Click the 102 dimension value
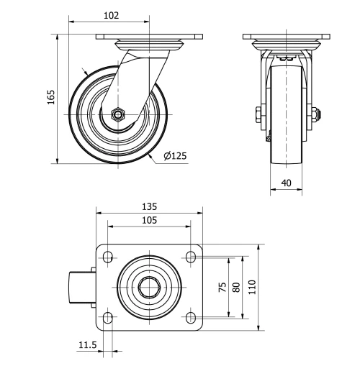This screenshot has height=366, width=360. [x=111, y=14]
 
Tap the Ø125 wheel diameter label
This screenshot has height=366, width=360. [x=176, y=157]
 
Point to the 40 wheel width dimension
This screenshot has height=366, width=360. [x=286, y=183]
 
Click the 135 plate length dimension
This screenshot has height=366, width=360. [x=149, y=206]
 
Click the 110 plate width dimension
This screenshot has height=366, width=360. [x=252, y=286]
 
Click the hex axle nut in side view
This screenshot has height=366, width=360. [x=119, y=114]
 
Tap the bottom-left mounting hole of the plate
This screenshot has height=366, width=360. [x=107, y=316]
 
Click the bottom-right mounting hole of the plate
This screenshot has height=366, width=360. [x=191, y=316]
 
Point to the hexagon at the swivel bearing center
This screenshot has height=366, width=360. [x=149, y=286]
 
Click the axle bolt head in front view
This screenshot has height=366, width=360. [x=257, y=114]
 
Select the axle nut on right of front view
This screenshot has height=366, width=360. [x=316, y=114]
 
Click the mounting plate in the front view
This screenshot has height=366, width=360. [x=286, y=36]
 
